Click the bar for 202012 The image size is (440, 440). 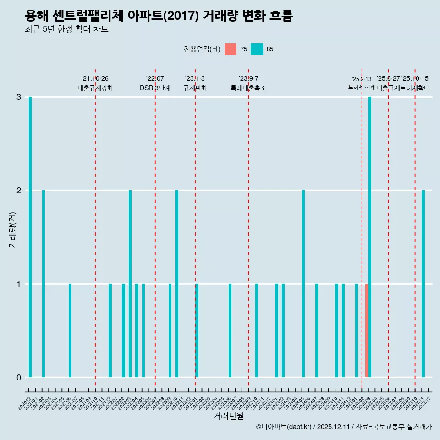tap(30, 237)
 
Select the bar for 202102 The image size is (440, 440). tap(44, 284)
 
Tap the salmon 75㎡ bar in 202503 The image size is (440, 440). tap(367, 330)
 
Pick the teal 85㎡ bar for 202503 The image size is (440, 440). tap(370, 237)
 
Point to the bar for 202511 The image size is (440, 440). tap(423, 284)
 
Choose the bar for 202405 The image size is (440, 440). tap(303, 284)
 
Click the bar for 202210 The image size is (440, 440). tap(177, 284)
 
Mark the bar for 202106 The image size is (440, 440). tap(70, 330)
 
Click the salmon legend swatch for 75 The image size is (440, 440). tap(231, 49)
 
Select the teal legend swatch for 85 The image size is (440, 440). tap(257, 49)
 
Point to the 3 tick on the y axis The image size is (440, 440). tap(19, 97)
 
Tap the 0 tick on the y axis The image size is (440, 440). tap(19, 378)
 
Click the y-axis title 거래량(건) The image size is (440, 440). tap(13, 229)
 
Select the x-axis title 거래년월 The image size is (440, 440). tap(228, 416)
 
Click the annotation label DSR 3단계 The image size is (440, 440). tap(155, 88)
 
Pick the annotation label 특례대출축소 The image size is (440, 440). tap(248, 88)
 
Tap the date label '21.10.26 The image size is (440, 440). tap(95, 79)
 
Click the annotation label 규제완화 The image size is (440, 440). tap(195, 88)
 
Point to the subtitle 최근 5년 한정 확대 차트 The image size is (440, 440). tap(66, 29)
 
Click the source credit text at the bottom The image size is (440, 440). tap(344, 427)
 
